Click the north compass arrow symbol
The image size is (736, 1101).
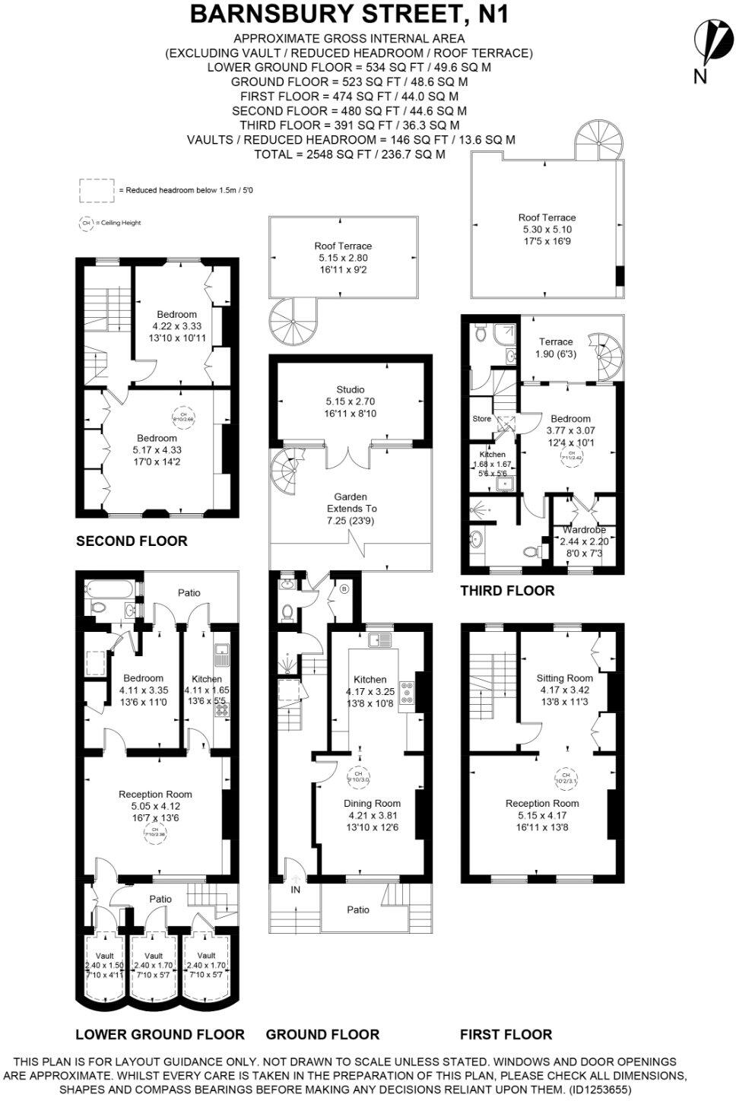tap(709, 43)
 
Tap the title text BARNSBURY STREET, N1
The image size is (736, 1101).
tap(349, 14)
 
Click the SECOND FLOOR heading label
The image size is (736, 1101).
tap(132, 541)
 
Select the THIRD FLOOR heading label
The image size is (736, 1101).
tap(507, 591)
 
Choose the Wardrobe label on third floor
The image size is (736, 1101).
tap(584, 530)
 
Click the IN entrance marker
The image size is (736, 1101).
tap(295, 889)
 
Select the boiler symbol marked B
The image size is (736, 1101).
tap(344, 589)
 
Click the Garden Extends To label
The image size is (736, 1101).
tap(351, 508)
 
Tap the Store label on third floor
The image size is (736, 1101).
tap(481, 418)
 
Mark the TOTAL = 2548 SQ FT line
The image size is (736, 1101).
tap(349, 154)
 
